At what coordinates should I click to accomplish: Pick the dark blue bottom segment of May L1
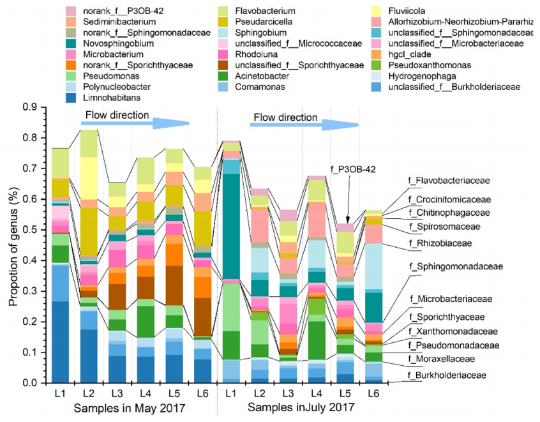pyautogui.click(x=61, y=342)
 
